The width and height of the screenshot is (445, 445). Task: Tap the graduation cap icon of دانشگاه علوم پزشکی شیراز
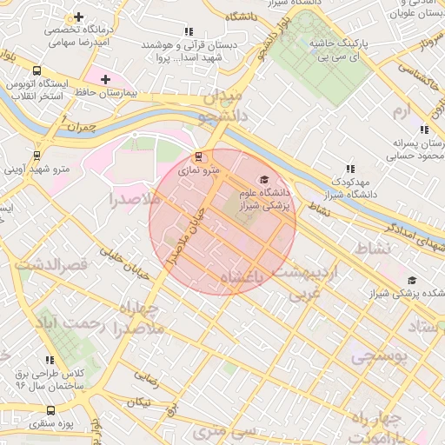264,179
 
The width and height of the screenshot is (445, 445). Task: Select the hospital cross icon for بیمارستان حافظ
105,79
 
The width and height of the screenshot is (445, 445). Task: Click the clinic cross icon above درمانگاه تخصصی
80,17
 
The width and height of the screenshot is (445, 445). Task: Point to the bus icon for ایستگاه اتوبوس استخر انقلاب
36,71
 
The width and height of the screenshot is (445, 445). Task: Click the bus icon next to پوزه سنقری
50,410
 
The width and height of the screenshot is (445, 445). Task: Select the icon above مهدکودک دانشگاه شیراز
350,169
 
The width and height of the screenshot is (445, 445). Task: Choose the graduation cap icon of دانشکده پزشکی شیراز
411,280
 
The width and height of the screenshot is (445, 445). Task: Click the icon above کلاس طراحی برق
50,359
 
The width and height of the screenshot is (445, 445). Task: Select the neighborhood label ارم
400,112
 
